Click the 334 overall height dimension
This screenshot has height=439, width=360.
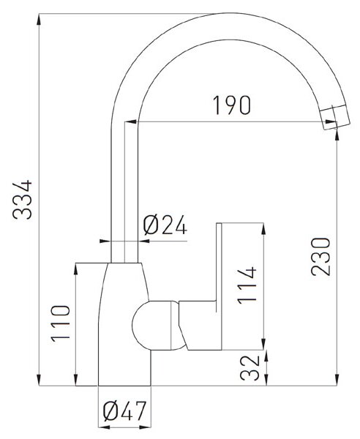point(23,199)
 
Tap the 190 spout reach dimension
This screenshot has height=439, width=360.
point(232,105)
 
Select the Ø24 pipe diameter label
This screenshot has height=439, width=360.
point(165,225)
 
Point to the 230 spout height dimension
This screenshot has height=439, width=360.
point(320,257)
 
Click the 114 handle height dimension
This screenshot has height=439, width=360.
point(247,285)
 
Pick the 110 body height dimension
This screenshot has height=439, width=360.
point(60,323)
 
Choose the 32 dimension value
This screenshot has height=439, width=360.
point(250,368)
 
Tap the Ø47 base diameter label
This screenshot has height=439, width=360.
point(124,411)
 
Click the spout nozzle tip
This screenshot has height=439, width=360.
point(335,118)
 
